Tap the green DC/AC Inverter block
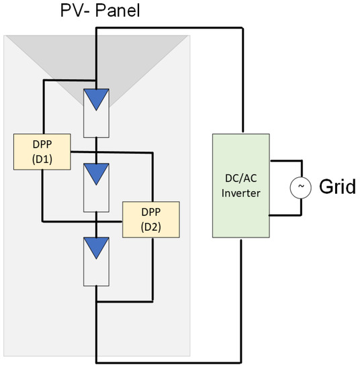(x=240, y=186)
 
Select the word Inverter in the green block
(x=240, y=193)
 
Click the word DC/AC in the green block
(x=240, y=179)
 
